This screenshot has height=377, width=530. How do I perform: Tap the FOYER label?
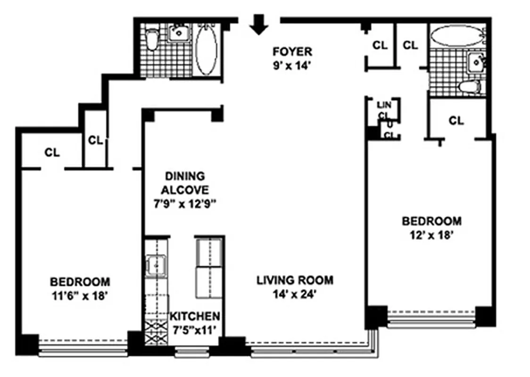[292, 51]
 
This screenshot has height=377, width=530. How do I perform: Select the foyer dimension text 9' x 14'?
[292, 66]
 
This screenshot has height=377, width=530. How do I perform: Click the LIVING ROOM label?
[295, 280]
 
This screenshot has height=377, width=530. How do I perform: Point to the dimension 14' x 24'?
[295, 295]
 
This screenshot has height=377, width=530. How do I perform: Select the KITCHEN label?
[195, 316]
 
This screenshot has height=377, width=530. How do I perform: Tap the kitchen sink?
[155, 265]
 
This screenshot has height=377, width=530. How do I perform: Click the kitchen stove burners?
[156, 333]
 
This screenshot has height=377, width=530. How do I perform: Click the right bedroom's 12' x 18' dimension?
[431, 235]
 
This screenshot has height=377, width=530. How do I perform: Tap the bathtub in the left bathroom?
[206, 49]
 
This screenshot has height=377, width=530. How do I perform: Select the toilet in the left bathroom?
[151, 40]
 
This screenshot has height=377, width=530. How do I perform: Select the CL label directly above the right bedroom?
[455, 121]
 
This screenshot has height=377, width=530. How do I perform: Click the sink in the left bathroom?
[179, 33]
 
